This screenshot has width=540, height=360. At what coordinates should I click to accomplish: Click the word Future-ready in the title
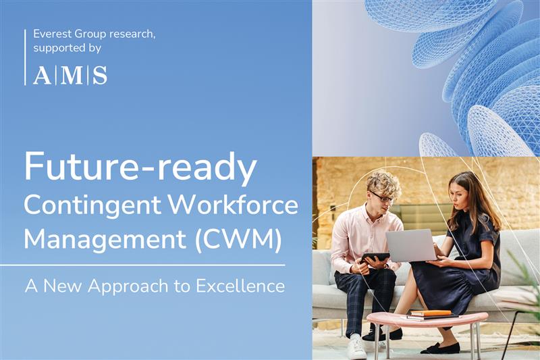click(140, 168)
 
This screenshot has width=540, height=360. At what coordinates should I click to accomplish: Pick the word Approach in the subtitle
click(131, 286)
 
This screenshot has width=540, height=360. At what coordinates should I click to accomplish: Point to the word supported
click(63, 49)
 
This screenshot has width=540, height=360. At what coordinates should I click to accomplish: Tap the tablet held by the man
click(375, 257)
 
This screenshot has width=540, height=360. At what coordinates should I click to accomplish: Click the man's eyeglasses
click(381, 197)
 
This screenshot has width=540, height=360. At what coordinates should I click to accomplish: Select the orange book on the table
click(430, 313)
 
